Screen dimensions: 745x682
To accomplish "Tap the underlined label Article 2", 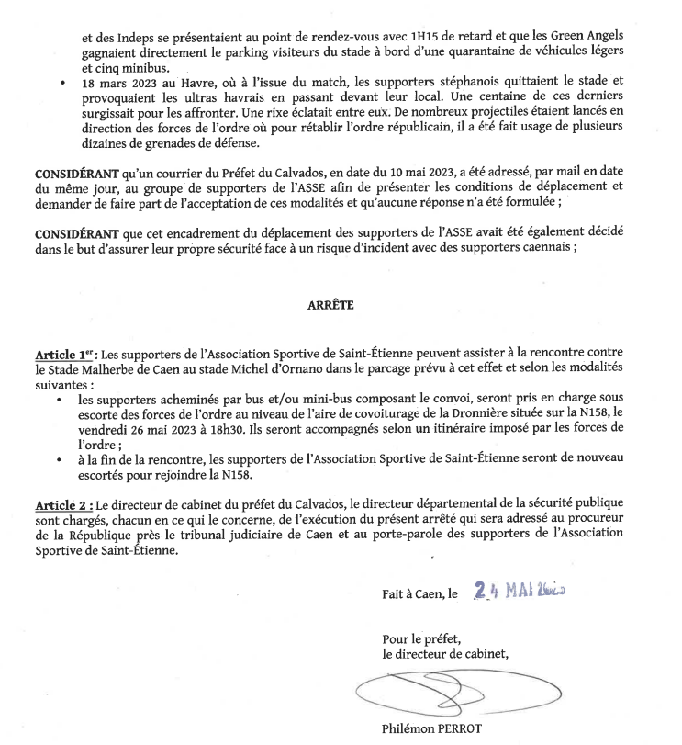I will pos(63,503).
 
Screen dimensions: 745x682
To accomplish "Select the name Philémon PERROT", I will pos(431,730).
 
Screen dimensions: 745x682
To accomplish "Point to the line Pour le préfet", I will pos(422,638).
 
